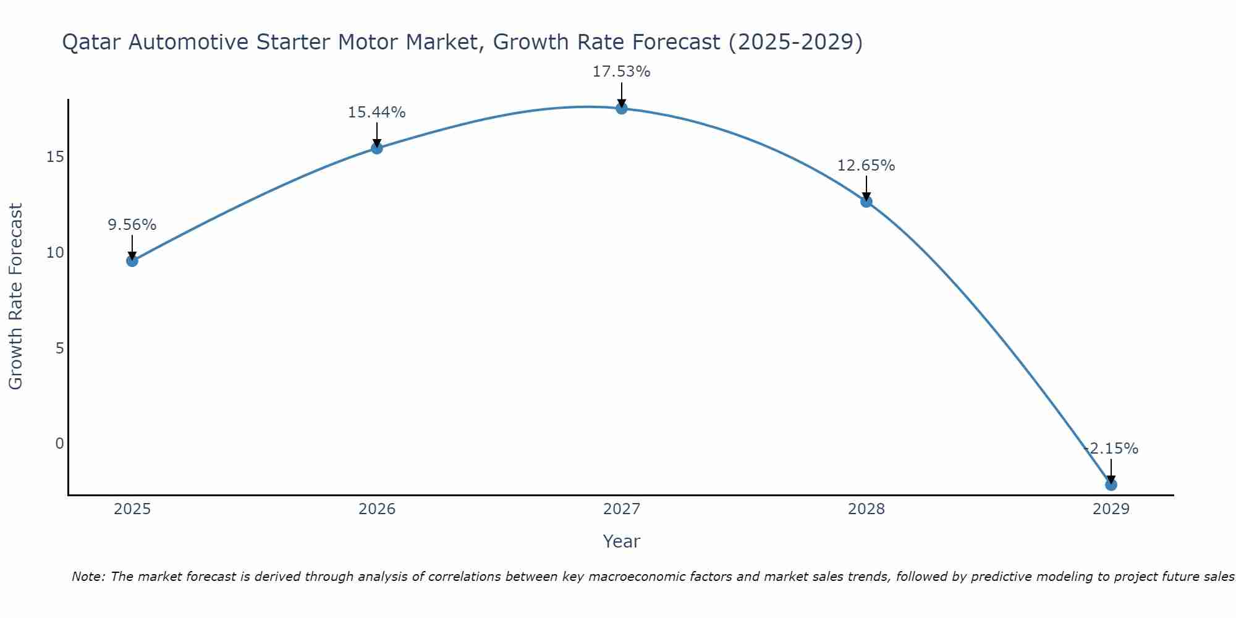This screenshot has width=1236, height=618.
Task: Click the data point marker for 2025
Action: point(132,261)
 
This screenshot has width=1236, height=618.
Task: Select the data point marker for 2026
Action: point(377,148)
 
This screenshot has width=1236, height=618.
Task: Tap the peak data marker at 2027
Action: point(622,108)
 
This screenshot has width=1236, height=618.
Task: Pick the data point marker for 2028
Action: point(866,201)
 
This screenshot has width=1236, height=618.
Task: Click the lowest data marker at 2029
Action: point(1111,485)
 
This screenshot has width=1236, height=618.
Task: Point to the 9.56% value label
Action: point(132,225)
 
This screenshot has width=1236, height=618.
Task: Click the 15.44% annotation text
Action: point(377,112)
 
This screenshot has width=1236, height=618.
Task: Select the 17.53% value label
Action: point(622,72)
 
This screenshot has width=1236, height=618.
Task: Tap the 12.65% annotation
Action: point(866,166)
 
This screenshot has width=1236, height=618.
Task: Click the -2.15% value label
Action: point(1111,449)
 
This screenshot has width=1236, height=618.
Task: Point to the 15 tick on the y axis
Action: point(55,157)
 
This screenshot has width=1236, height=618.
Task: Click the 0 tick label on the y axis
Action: point(59,444)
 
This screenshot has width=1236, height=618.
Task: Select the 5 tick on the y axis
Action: point(59,349)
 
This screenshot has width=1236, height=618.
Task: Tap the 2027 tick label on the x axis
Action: point(622,509)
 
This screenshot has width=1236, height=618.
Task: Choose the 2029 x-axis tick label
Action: point(1111,509)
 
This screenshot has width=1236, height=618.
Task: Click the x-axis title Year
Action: point(622,541)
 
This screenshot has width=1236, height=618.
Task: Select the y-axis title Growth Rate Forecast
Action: point(16,297)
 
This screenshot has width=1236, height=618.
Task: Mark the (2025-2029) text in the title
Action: point(795,43)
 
